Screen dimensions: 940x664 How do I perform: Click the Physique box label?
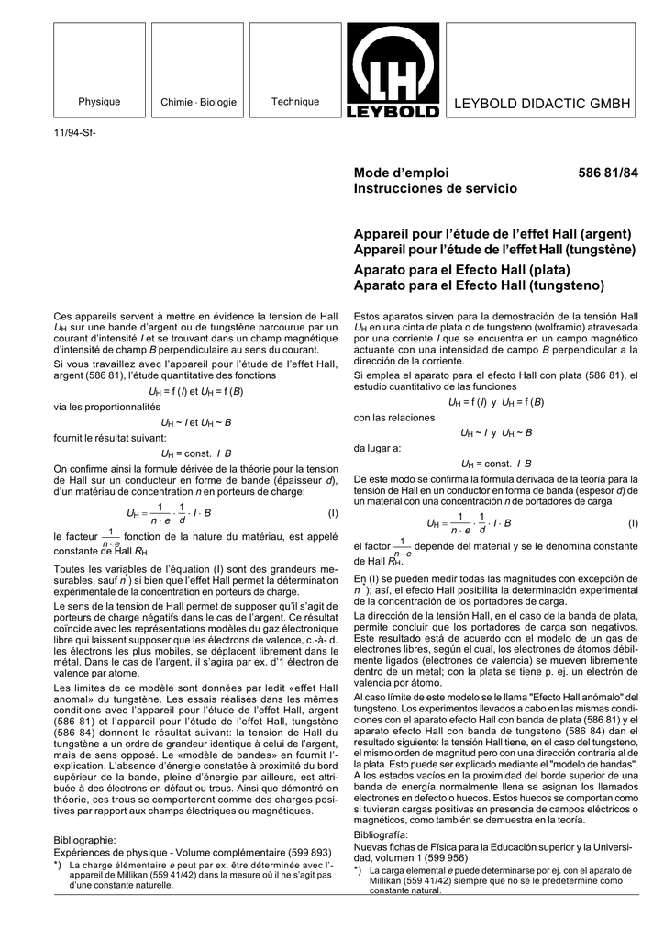(x=99, y=102)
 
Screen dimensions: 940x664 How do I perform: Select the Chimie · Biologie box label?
(x=198, y=102)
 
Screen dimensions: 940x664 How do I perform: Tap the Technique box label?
(x=294, y=101)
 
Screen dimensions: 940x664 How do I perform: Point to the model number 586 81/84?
(x=608, y=173)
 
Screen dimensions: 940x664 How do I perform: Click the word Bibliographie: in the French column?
(x=85, y=839)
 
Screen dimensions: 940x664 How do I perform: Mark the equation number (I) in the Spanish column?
(x=633, y=522)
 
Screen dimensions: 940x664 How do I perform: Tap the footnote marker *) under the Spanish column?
(x=359, y=869)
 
